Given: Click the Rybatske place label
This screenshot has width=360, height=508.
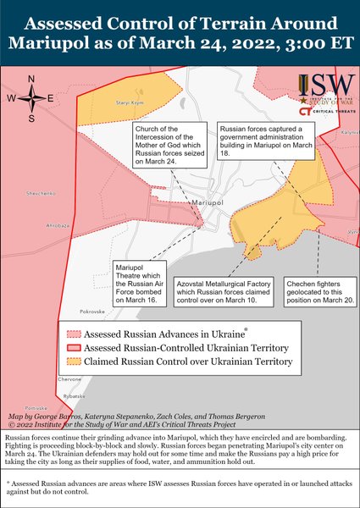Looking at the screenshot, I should pyautogui.click(x=69, y=395).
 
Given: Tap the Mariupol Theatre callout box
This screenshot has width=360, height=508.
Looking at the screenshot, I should pyautogui.click(x=136, y=282).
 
